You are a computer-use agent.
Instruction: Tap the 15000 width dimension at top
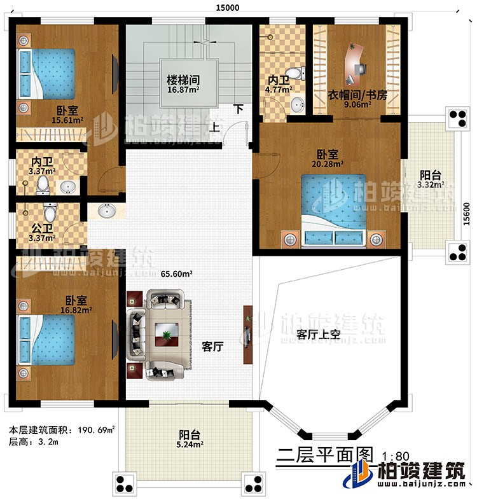[x=227, y=7]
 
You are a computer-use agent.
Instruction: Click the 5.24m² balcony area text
[x=190, y=445]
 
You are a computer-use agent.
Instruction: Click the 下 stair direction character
[x=238, y=109]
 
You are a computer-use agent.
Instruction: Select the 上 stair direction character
[x=216, y=127]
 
